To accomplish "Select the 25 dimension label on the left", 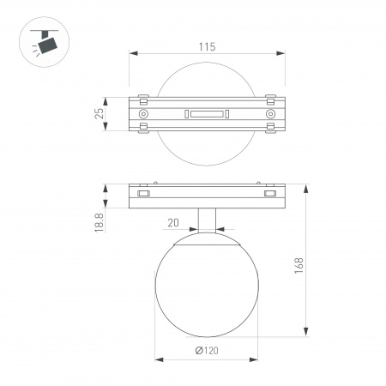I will [x=100, y=113].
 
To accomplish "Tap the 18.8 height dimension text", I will [x=100, y=223].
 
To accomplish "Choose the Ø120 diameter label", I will [x=205, y=351].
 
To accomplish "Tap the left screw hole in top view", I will [x=144, y=113].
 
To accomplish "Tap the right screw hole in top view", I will [x=269, y=113].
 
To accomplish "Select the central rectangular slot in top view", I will [x=207, y=113].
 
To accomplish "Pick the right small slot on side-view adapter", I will [x=269, y=195].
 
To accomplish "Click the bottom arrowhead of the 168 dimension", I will [x=306, y=334].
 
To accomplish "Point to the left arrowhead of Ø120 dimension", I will [x=155, y=359].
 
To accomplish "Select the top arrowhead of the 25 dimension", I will [x=106, y=97].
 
